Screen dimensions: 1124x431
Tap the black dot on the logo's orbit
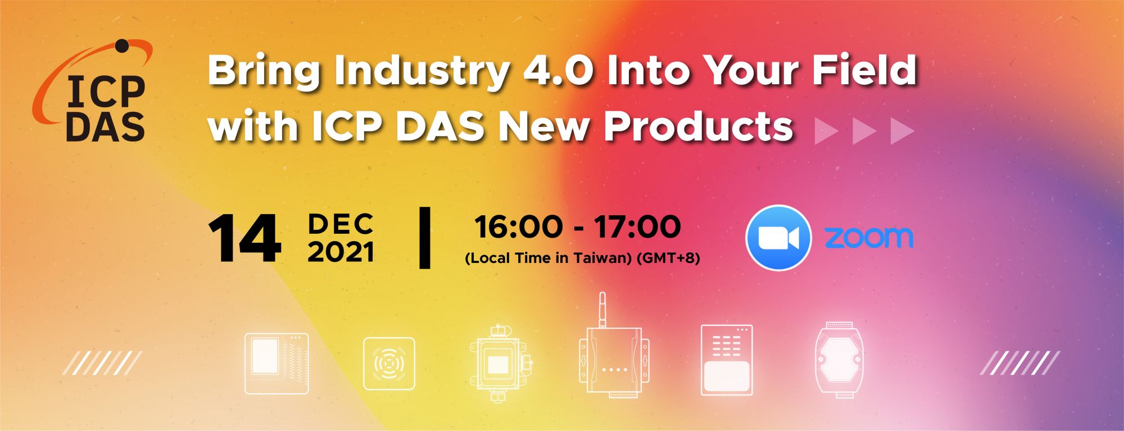[122, 46]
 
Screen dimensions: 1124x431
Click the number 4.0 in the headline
[558, 71]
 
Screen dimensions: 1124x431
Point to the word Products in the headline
[698, 126]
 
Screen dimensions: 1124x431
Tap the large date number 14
[244, 238]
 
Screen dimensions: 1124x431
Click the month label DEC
[341, 224]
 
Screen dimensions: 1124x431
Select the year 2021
[341, 252]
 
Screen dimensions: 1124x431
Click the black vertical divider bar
[425, 238]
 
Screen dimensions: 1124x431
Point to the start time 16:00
[519, 227]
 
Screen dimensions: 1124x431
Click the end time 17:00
[638, 227]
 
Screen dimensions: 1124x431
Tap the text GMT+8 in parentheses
[668, 258]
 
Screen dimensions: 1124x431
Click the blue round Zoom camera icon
[778, 238]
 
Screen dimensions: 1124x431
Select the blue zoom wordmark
[869, 238]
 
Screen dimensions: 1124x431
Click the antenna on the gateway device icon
[602, 309]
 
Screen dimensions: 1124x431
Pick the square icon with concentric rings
[389, 363]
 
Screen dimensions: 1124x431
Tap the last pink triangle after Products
[903, 131]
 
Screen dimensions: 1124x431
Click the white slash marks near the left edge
[102, 363]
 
